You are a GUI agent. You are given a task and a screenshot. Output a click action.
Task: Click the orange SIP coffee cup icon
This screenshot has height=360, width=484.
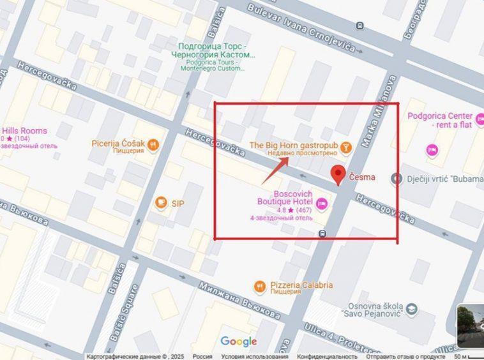(160, 203)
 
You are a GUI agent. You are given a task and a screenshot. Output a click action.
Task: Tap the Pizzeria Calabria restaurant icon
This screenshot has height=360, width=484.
(259, 285)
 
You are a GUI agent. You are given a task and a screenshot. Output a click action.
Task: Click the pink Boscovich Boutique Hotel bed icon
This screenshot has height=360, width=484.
(322, 203)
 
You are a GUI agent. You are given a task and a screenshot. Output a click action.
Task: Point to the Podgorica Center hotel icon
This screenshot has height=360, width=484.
(432, 149)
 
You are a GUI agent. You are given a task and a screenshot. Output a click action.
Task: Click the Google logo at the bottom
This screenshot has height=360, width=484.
(239, 341)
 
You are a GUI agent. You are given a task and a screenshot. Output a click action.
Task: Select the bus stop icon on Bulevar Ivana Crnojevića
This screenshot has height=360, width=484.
(360, 26)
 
